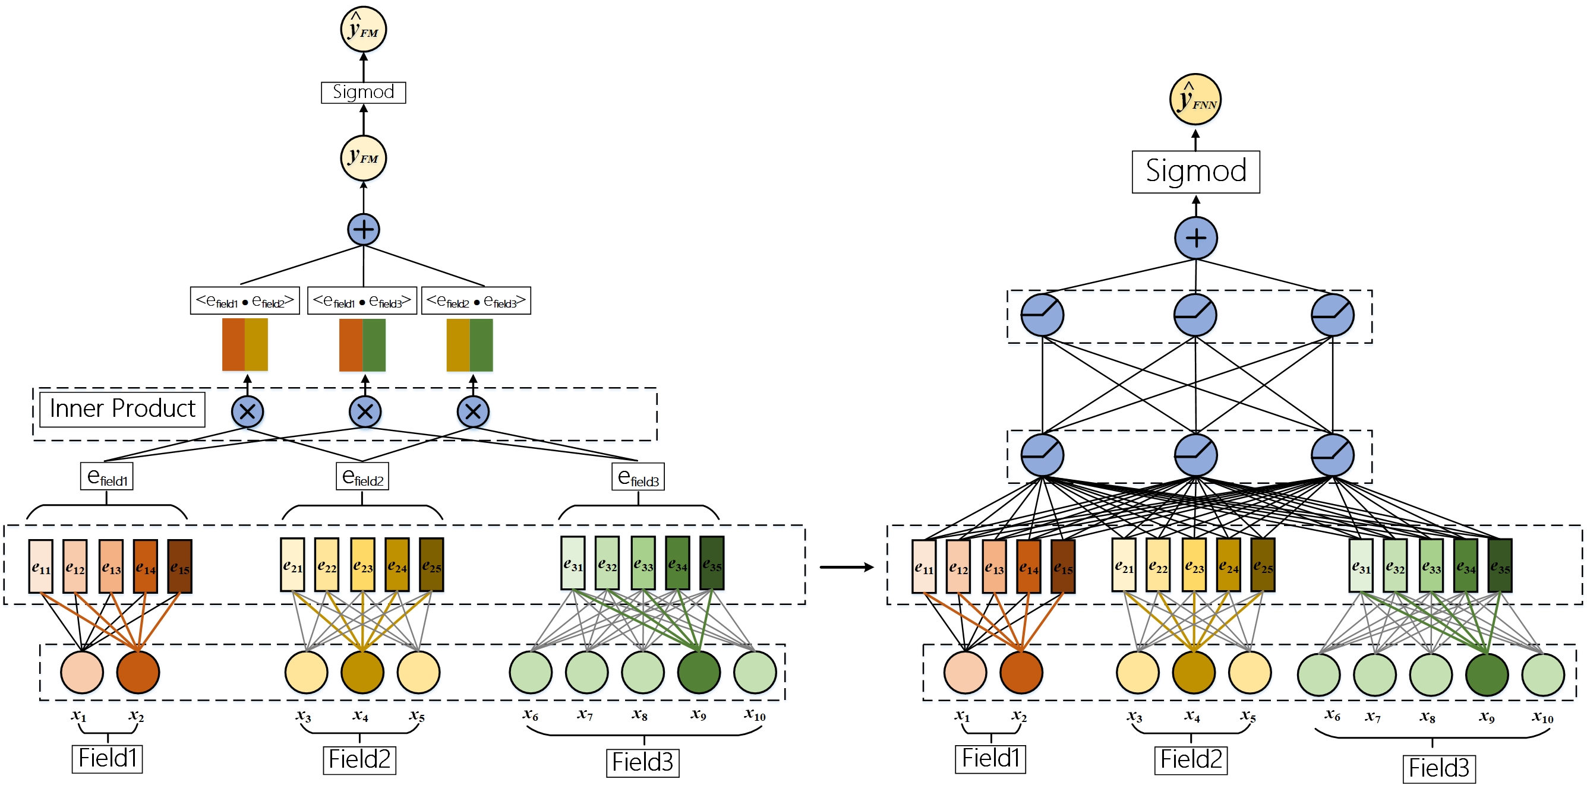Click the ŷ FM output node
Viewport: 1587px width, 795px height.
pyautogui.click(x=364, y=29)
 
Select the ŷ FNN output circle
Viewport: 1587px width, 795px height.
pyautogui.click(x=1195, y=100)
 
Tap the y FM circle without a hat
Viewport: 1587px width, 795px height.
pyautogui.click(x=364, y=159)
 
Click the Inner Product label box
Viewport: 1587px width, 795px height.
pyautogui.click(x=122, y=409)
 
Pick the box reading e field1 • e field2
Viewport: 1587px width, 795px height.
pyautogui.click(x=245, y=300)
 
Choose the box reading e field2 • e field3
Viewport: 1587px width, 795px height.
pyautogui.click(x=475, y=300)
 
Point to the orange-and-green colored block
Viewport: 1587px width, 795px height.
pyautogui.click(x=362, y=345)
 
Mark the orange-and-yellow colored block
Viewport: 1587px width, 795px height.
pyautogui.click(x=245, y=345)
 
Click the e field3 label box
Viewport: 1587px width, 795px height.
pyautogui.click(x=638, y=477)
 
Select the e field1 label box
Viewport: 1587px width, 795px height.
pyautogui.click(x=106, y=477)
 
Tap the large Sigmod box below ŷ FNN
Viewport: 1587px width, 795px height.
pyautogui.click(x=1196, y=172)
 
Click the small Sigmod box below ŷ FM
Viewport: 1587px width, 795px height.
pyautogui.click(x=364, y=93)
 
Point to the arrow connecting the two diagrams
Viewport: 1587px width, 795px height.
pyautogui.click(x=847, y=567)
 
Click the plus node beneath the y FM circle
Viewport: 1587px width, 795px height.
pyautogui.click(x=364, y=230)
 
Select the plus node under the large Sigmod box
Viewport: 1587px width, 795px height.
pyautogui.click(x=1196, y=237)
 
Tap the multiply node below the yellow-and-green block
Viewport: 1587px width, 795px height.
pyautogui.click(x=473, y=412)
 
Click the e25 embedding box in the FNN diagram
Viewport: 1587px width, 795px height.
pyautogui.click(x=1263, y=565)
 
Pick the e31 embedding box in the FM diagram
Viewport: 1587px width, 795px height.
pyautogui.click(x=573, y=563)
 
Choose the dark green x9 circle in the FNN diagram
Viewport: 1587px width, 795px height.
pyautogui.click(x=1487, y=675)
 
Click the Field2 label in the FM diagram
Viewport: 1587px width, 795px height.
pyautogui.click(x=360, y=759)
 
